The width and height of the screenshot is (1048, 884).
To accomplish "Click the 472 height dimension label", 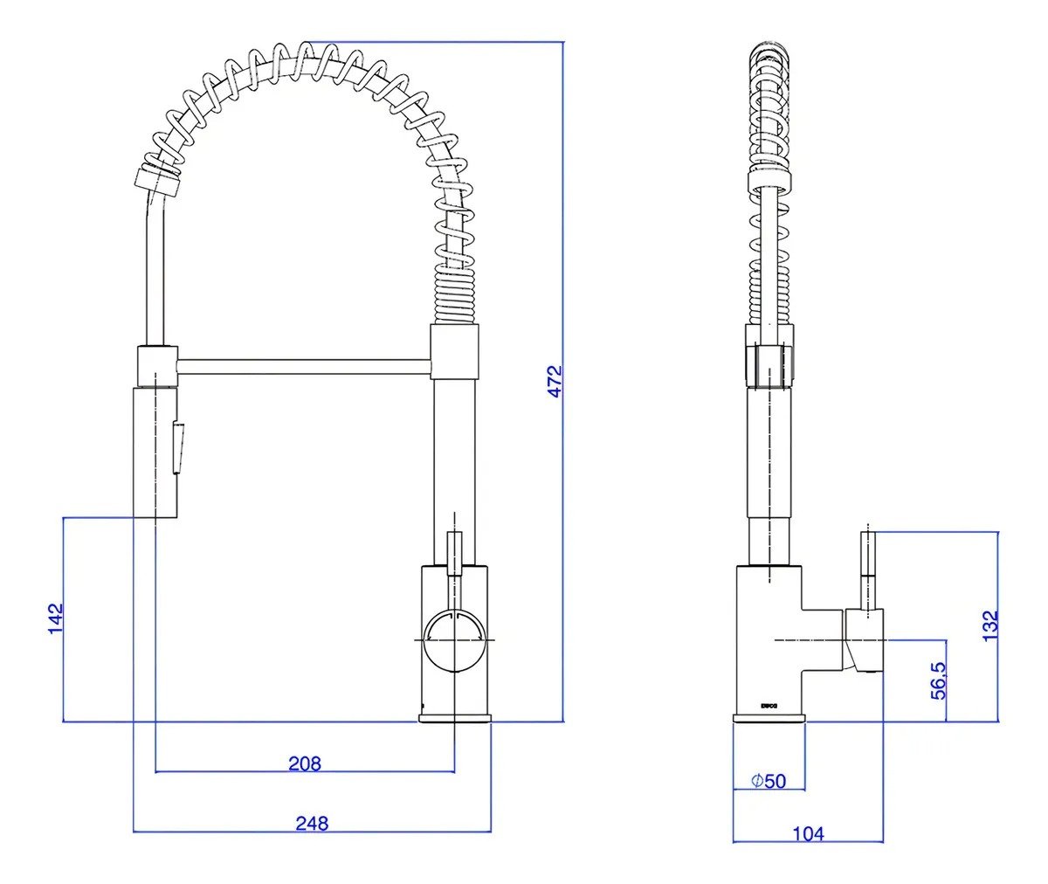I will [556, 381].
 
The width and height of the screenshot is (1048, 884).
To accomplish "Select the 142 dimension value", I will [56, 619].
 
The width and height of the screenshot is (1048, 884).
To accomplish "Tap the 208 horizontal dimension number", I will [305, 763].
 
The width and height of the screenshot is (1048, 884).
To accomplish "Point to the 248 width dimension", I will [312, 823].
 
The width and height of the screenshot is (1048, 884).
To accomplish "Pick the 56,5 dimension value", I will [938, 680].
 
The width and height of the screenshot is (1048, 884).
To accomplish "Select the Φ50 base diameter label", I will [769, 781].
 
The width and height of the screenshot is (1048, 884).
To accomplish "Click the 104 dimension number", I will [808, 834].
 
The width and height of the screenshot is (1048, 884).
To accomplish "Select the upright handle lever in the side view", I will [868, 568].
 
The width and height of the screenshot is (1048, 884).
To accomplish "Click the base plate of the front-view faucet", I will [455, 718].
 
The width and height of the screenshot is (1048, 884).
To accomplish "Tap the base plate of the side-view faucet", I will [769, 718].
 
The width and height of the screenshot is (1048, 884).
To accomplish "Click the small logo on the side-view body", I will [769, 702].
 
